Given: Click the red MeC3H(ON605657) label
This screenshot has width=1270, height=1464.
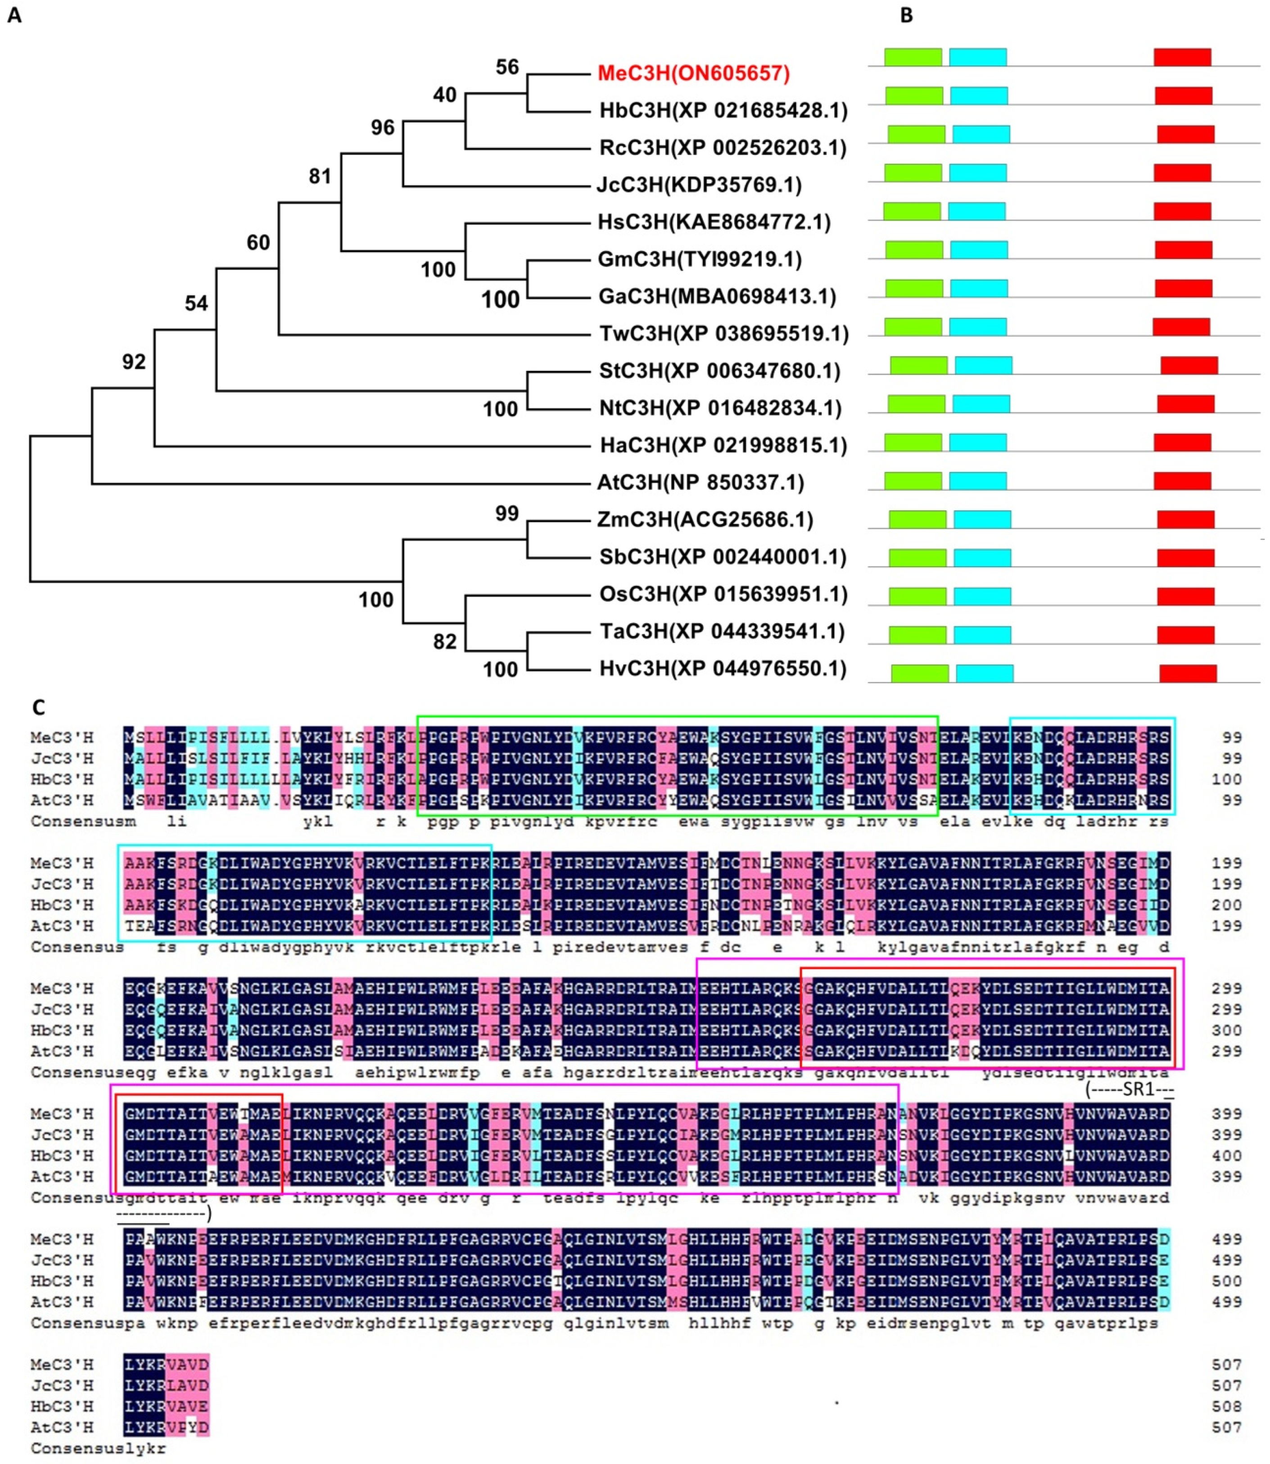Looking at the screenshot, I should click(693, 73).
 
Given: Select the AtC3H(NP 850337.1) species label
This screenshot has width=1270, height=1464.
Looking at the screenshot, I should click(700, 483).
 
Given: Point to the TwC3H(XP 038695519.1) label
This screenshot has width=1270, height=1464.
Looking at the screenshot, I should click(723, 334).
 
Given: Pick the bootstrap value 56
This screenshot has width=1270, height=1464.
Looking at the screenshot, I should click(507, 68).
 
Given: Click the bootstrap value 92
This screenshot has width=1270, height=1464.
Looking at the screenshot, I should click(134, 362).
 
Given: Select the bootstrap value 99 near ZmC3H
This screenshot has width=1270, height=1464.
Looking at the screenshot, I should click(507, 514).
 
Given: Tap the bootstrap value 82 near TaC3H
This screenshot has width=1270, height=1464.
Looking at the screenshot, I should click(445, 642).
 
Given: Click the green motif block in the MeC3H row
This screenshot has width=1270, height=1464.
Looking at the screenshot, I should click(913, 57).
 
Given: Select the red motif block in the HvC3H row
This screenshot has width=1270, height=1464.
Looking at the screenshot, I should click(1188, 673).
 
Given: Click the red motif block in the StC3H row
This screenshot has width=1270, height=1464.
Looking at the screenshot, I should click(1189, 366).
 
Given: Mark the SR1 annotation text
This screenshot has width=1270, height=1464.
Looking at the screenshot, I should click(1130, 1089).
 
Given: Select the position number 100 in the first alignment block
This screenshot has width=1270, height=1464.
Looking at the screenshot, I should click(1226, 779).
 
